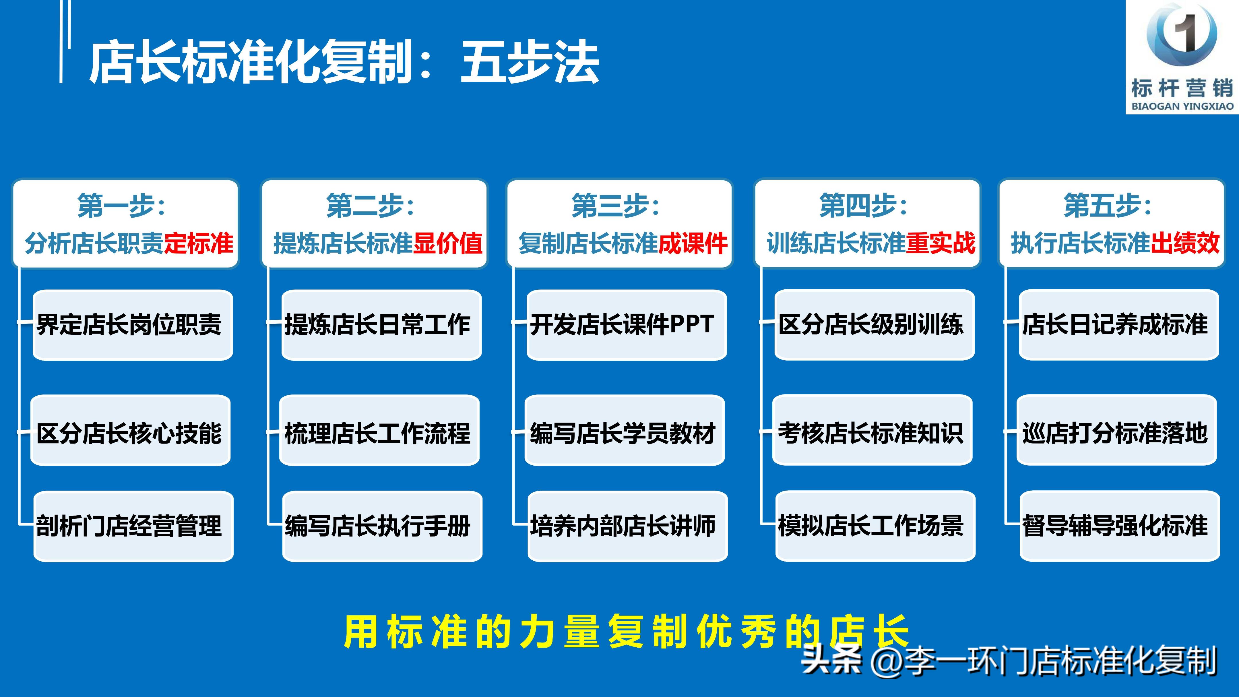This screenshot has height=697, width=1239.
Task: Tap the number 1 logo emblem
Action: point(1182,35)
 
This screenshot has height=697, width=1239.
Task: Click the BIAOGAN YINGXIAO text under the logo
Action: point(1182,106)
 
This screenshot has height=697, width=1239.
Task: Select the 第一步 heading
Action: point(121,206)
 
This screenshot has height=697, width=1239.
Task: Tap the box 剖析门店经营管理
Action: point(133,526)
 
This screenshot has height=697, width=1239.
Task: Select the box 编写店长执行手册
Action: point(382,526)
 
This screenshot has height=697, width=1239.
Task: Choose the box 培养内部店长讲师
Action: point(627,526)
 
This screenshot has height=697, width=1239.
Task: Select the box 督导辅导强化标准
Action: point(1119,526)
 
